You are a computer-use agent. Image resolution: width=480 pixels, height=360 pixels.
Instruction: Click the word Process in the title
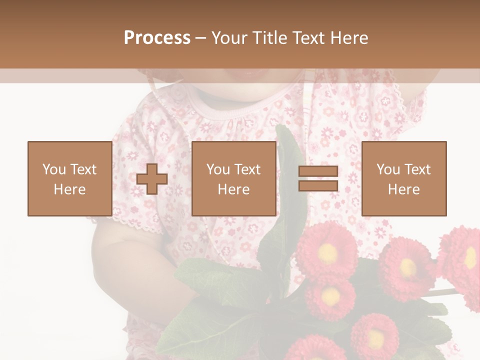click(157, 38)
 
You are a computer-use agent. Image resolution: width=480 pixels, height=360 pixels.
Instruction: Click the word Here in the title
click(348, 38)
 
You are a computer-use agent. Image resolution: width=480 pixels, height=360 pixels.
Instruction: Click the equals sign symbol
click(318, 179)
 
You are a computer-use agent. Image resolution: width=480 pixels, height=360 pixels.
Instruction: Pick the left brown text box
click(69, 179)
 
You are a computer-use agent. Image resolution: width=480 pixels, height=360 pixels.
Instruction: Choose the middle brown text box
click(233, 179)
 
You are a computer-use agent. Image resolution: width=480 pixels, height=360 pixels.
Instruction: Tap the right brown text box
click(403, 179)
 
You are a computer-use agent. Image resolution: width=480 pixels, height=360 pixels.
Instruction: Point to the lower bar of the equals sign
click(318, 186)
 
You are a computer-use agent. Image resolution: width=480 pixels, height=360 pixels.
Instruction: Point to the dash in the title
click(200, 38)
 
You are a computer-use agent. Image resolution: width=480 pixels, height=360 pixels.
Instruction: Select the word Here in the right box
click(403, 189)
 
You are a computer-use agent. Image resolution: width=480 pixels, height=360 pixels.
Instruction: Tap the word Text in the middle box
click(247, 169)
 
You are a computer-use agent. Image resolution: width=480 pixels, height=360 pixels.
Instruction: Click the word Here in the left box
click(69, 189)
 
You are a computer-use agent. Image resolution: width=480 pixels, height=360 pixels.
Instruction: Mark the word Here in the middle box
click(233, 189)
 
